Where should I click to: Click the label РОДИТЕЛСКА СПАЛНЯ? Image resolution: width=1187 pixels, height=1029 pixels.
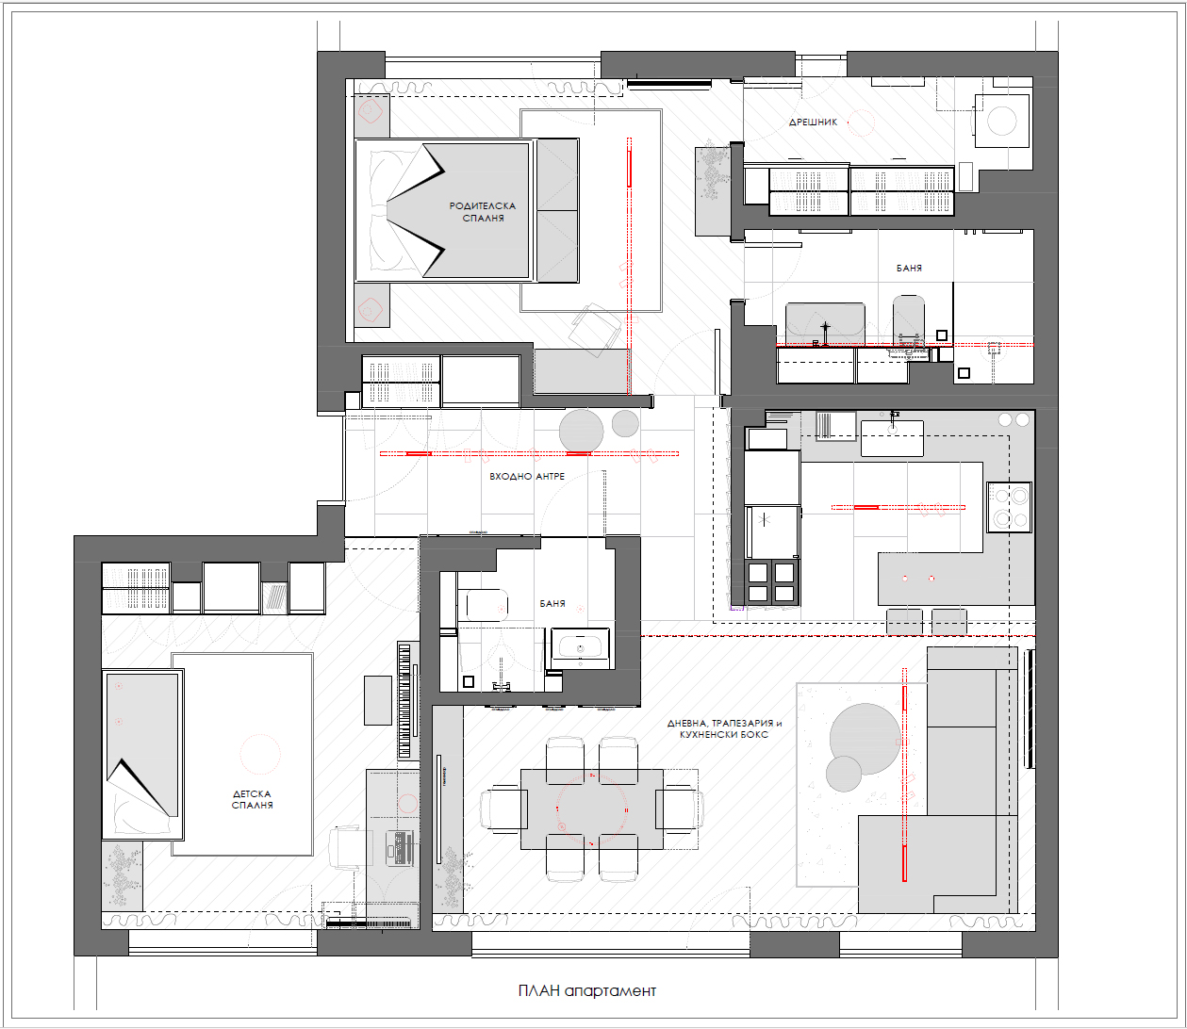tap(483, 212)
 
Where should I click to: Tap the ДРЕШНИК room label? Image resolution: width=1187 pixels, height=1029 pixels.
tap(813, 122)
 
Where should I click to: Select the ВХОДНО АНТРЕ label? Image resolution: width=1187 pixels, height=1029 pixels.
tap(527, 477)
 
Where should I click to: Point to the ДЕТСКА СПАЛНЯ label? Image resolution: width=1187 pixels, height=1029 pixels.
tap(252, 799)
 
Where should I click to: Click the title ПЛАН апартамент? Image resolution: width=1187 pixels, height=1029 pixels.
tap(587, 990)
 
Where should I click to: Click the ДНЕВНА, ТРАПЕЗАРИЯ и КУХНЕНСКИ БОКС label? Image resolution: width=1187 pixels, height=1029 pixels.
tap(725, 728)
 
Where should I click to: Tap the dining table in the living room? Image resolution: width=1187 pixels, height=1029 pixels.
tap(592, 809)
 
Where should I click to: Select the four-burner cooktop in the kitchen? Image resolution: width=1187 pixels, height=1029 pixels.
tap(1010, 507)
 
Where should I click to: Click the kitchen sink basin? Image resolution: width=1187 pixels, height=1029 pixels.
tap(892, 438)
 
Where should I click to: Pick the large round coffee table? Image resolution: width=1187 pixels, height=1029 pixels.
tap(864, 739)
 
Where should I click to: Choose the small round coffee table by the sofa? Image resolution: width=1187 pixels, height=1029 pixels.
tap(844, 774)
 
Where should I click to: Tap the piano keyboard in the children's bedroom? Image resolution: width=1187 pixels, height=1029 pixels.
tap(408, 700)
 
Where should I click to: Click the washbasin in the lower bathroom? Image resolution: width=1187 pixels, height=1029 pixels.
tap(580, 648)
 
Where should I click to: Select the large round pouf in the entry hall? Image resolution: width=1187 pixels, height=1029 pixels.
tap(581, 432)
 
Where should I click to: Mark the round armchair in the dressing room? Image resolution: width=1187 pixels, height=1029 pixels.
tap(1002, 122)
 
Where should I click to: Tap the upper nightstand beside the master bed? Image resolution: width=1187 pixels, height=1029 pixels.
tap(371, 116)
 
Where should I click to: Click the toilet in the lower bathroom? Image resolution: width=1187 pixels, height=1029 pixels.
tap(483, 606)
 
